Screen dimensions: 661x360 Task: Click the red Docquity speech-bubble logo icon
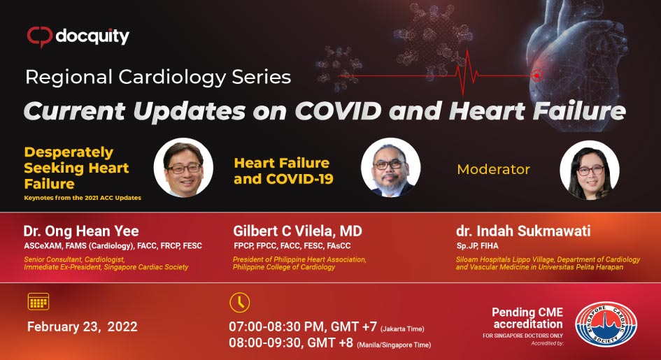click(x=40, y=36)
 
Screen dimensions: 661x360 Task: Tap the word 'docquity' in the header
click(x=92, y=36)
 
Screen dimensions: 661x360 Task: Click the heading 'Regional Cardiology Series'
click(x=158, y=77)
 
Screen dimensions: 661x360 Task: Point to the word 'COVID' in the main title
click(x=338, y=110)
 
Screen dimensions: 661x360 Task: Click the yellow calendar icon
click(x=38, y=301)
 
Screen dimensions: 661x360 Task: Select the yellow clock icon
click(x=239, y=302)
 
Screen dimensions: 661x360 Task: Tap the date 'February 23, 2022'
click(x=83, y=326)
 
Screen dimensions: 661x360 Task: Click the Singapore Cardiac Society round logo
click(x=606, y=324)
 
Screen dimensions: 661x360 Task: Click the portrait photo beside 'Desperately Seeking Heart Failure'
click(x=183, y=168)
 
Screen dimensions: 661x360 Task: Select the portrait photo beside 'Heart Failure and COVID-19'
click(x=391, y=168)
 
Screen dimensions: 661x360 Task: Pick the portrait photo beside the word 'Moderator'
click(x=590, y=169)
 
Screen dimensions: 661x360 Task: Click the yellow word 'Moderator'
click(x=494, y=169)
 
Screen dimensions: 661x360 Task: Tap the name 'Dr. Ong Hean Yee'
click(x=81, y=231)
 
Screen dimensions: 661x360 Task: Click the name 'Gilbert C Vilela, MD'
click(x=297, y=231)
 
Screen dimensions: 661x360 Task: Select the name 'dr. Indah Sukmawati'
click(x=523, y=231)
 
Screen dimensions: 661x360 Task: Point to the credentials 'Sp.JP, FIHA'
click(x=477, y=246)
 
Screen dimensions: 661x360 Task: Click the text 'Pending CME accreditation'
click(x=527, y=318)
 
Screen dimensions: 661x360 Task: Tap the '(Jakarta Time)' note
click(x=402, y=329)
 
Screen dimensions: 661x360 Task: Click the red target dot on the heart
click(x=536, y=75)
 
